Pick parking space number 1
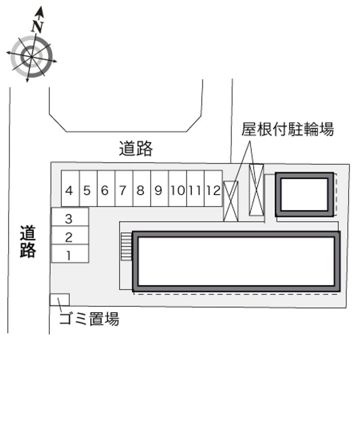pyautogui.click(x=69, y=255)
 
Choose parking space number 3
pyautogui.click(x=69, y=219)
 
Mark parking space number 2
pyautogui.click(x=69, y=237)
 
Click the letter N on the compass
pyautogui.click(x=38, y=27)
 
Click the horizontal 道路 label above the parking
pyautogui.click(x=136, y=148)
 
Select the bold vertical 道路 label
pyautogui.click(x=27, y=242)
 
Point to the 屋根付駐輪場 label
pyautogui.click(x=288, y=130)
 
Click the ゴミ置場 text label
pyautogui.click(x=90, y=319)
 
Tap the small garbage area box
pyautogui.click(x=59, y=299)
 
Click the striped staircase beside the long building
pyautogui.click(x=126, y=246)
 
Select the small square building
pyautogui.click(x=305, y=194)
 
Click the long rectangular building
pyautogui.click(x=236, y=261)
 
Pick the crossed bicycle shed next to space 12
pyautogui.click(x=231, y=201)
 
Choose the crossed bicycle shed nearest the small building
pyautogui.click(x=256, y=190)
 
